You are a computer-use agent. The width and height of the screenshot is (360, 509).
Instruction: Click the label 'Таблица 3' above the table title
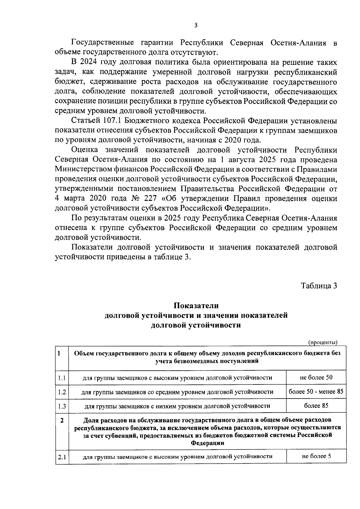[319, 285]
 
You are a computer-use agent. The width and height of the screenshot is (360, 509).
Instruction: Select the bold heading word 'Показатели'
[196, 306]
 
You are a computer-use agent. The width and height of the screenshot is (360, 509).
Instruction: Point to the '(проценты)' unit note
[323, 342]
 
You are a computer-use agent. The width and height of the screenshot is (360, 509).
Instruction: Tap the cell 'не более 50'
[316, 377]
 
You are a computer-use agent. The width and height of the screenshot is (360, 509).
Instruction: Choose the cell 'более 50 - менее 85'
[316, 391]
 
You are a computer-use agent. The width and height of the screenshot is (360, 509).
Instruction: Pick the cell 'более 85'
[316, 405]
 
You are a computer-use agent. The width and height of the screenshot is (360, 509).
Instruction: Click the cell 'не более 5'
[316, 456]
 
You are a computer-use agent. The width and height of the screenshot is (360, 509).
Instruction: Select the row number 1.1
[62, 378]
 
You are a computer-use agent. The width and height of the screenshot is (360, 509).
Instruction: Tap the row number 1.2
[62, 392]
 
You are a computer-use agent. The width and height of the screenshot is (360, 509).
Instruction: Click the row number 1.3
[62, 406]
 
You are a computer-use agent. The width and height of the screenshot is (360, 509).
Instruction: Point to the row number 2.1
[62, 457]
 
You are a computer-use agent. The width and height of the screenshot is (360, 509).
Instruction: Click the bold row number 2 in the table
[62, 420]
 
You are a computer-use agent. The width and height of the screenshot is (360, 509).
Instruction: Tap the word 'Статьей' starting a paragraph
[85, 121]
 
